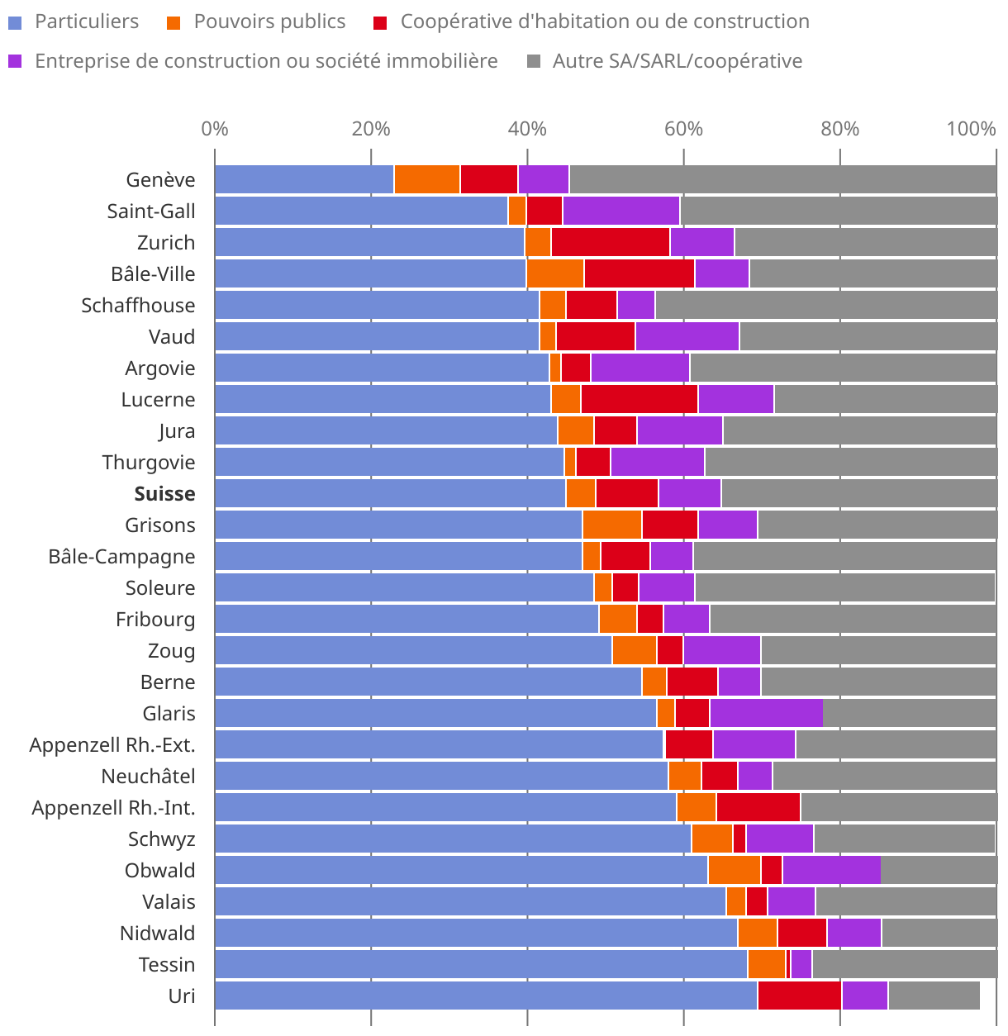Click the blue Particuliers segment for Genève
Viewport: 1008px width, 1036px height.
tap(304, 179)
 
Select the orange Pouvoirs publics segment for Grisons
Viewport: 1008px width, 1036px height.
tap(611, 525)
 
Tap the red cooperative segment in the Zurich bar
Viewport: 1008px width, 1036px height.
tap(611, 242)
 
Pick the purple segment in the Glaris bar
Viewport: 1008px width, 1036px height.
tap(766, 713)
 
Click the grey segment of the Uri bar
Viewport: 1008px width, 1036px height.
tap(934, 996)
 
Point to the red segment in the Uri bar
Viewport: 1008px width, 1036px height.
tap(799, 996)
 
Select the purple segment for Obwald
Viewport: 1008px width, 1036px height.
tap(831, 870)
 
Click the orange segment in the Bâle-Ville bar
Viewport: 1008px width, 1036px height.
tap(555, 273)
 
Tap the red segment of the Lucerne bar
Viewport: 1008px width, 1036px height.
tap(639, 399)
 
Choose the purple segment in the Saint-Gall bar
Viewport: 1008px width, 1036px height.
tap(620, 211)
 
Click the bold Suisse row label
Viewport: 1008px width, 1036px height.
tap(164, 493)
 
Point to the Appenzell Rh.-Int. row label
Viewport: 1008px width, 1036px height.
tap(113, 807)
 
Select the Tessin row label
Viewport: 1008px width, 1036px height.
tap(167, 964)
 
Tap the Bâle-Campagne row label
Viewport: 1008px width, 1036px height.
tap(121, 556)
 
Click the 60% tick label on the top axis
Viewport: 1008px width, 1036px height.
tap(683, 129)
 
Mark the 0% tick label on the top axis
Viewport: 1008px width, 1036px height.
tap(215, 129)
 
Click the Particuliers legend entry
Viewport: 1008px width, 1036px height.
tap(86, 21)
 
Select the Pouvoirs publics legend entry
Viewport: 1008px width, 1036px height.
tap(269, 21)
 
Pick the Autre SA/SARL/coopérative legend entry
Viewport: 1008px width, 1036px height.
tap(677, 61)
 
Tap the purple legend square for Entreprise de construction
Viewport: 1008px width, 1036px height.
tap(15, 61)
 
